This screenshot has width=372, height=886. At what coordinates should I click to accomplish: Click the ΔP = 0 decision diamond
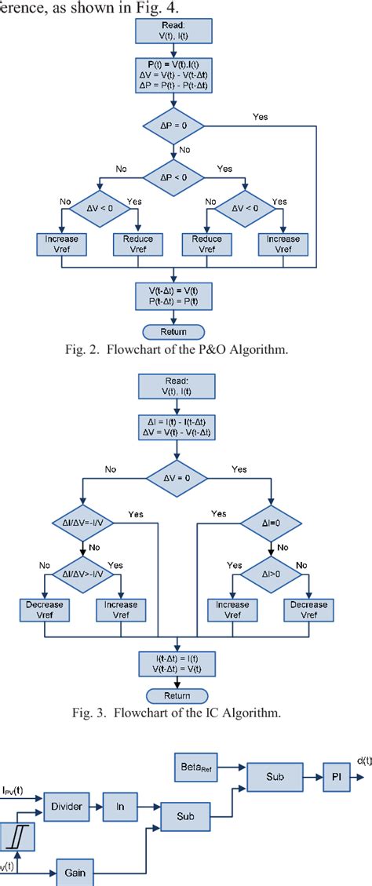(x=171, y=126)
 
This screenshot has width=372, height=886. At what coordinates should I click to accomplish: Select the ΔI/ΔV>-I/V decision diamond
(x=82, y=564)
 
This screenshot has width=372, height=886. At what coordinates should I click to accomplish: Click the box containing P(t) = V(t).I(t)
(x=172, y=75)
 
